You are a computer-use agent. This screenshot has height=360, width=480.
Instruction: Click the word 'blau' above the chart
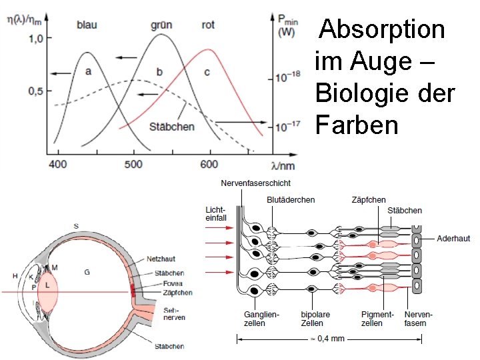(x=87, y=25)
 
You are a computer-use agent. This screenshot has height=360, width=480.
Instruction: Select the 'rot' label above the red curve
(x=208, y=25)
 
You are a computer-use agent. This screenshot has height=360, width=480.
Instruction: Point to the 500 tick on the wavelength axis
(x=134, y=164)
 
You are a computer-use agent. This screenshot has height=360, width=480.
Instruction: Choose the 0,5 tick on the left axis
(x=35, y=91)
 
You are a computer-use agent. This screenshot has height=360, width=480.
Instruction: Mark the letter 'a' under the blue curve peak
(x=88, y=71)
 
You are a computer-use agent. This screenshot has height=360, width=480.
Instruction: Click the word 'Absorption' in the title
(x=382, y=29)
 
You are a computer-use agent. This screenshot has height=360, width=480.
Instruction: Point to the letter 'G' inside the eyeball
(x=86, y=271)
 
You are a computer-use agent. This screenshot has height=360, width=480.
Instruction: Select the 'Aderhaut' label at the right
(x=454, y=238)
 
